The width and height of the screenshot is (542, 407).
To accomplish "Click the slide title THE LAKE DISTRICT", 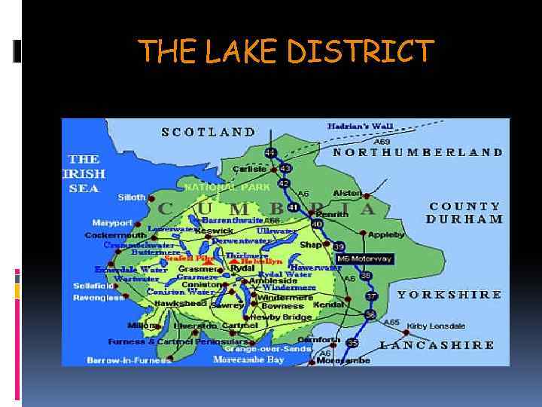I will [x=287, y=51].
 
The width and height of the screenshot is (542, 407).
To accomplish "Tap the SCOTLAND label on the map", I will [x=209, y=131].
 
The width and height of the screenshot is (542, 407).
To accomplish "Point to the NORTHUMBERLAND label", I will [x=418, y=151].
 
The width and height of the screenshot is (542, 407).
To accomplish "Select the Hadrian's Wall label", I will [x=360, y=126].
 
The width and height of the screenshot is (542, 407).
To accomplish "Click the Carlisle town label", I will [x=249, y=169].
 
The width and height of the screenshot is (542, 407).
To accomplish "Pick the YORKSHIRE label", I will [x=449, y=295].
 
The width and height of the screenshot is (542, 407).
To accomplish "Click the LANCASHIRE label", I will [x=437, y=345].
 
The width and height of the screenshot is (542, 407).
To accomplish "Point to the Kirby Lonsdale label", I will [x=436, y=326].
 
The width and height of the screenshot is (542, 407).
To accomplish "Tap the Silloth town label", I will [x=132, y=197].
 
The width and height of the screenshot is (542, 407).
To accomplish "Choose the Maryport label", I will [x=112, y=222].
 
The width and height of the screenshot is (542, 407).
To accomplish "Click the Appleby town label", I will [x=386, y=235].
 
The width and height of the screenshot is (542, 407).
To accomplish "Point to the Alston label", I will [x=348, y=193].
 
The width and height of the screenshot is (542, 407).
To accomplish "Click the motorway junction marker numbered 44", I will [x=269, y=152].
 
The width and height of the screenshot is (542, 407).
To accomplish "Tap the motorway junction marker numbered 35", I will [x=352, y=343].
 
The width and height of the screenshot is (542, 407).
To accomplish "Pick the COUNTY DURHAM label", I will [x=464, y=212].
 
